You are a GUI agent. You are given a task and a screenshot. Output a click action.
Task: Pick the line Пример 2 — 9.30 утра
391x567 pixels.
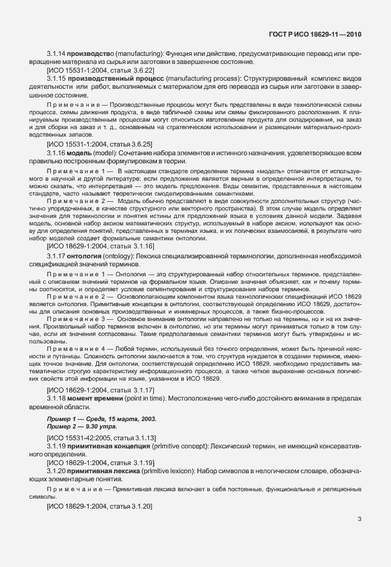pos(81,428)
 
